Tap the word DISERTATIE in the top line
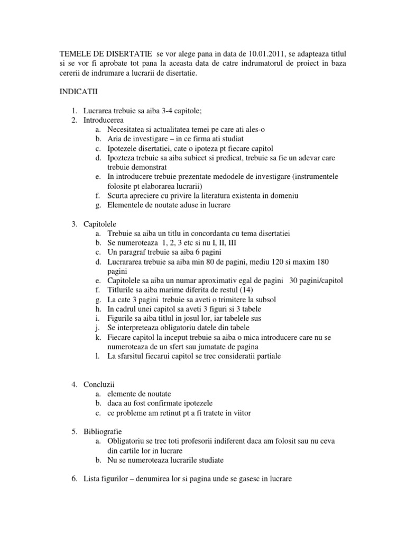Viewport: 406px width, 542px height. [124, 54]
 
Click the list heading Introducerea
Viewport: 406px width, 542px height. [104, 120]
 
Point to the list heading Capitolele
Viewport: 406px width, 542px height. [100, 224]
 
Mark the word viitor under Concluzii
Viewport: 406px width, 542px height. [240, 413]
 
